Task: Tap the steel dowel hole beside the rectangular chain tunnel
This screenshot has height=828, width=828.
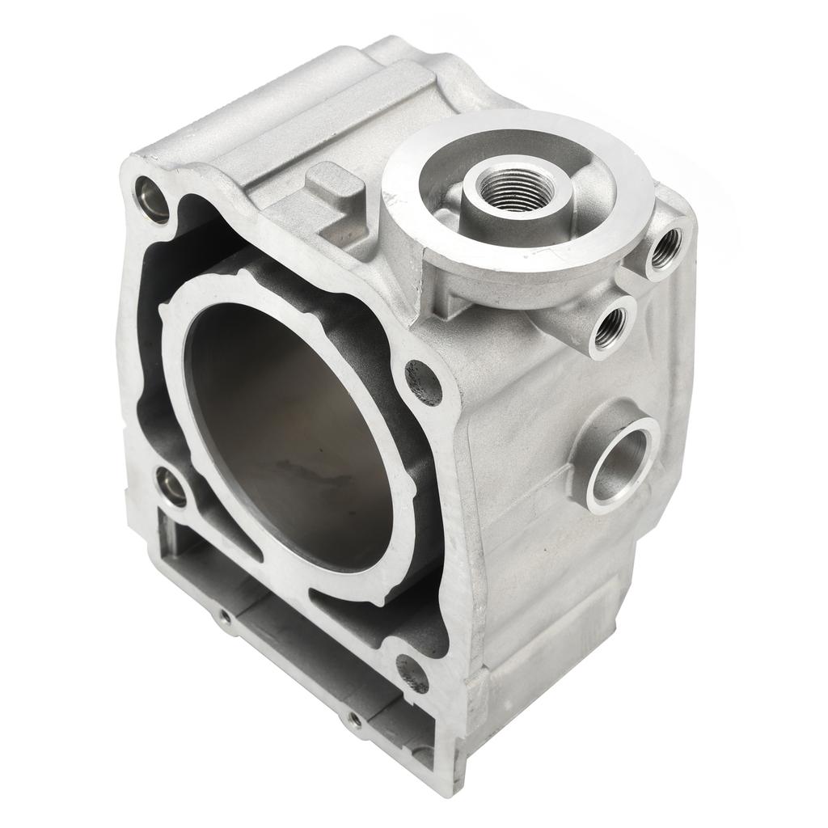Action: click(x=171, y=488)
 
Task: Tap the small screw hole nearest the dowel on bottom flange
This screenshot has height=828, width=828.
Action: click(x=224, y=618)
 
